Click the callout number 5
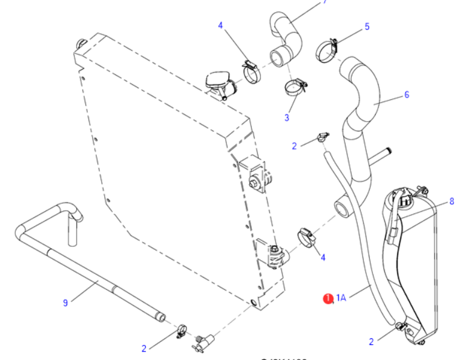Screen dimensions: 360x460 (367, 27)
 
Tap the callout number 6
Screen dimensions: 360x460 (407, 94)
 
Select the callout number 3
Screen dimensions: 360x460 (287, 117)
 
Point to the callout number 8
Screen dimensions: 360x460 (452, 201)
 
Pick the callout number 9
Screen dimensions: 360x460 (65, 303)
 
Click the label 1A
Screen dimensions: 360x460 (341, 297)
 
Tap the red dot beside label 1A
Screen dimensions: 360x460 (328, 298)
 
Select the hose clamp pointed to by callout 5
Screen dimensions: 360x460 (327, 50)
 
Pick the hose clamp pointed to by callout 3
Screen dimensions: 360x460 (295, 86)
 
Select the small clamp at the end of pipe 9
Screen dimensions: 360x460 (180, 331)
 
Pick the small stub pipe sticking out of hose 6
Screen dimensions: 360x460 (380, 155)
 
